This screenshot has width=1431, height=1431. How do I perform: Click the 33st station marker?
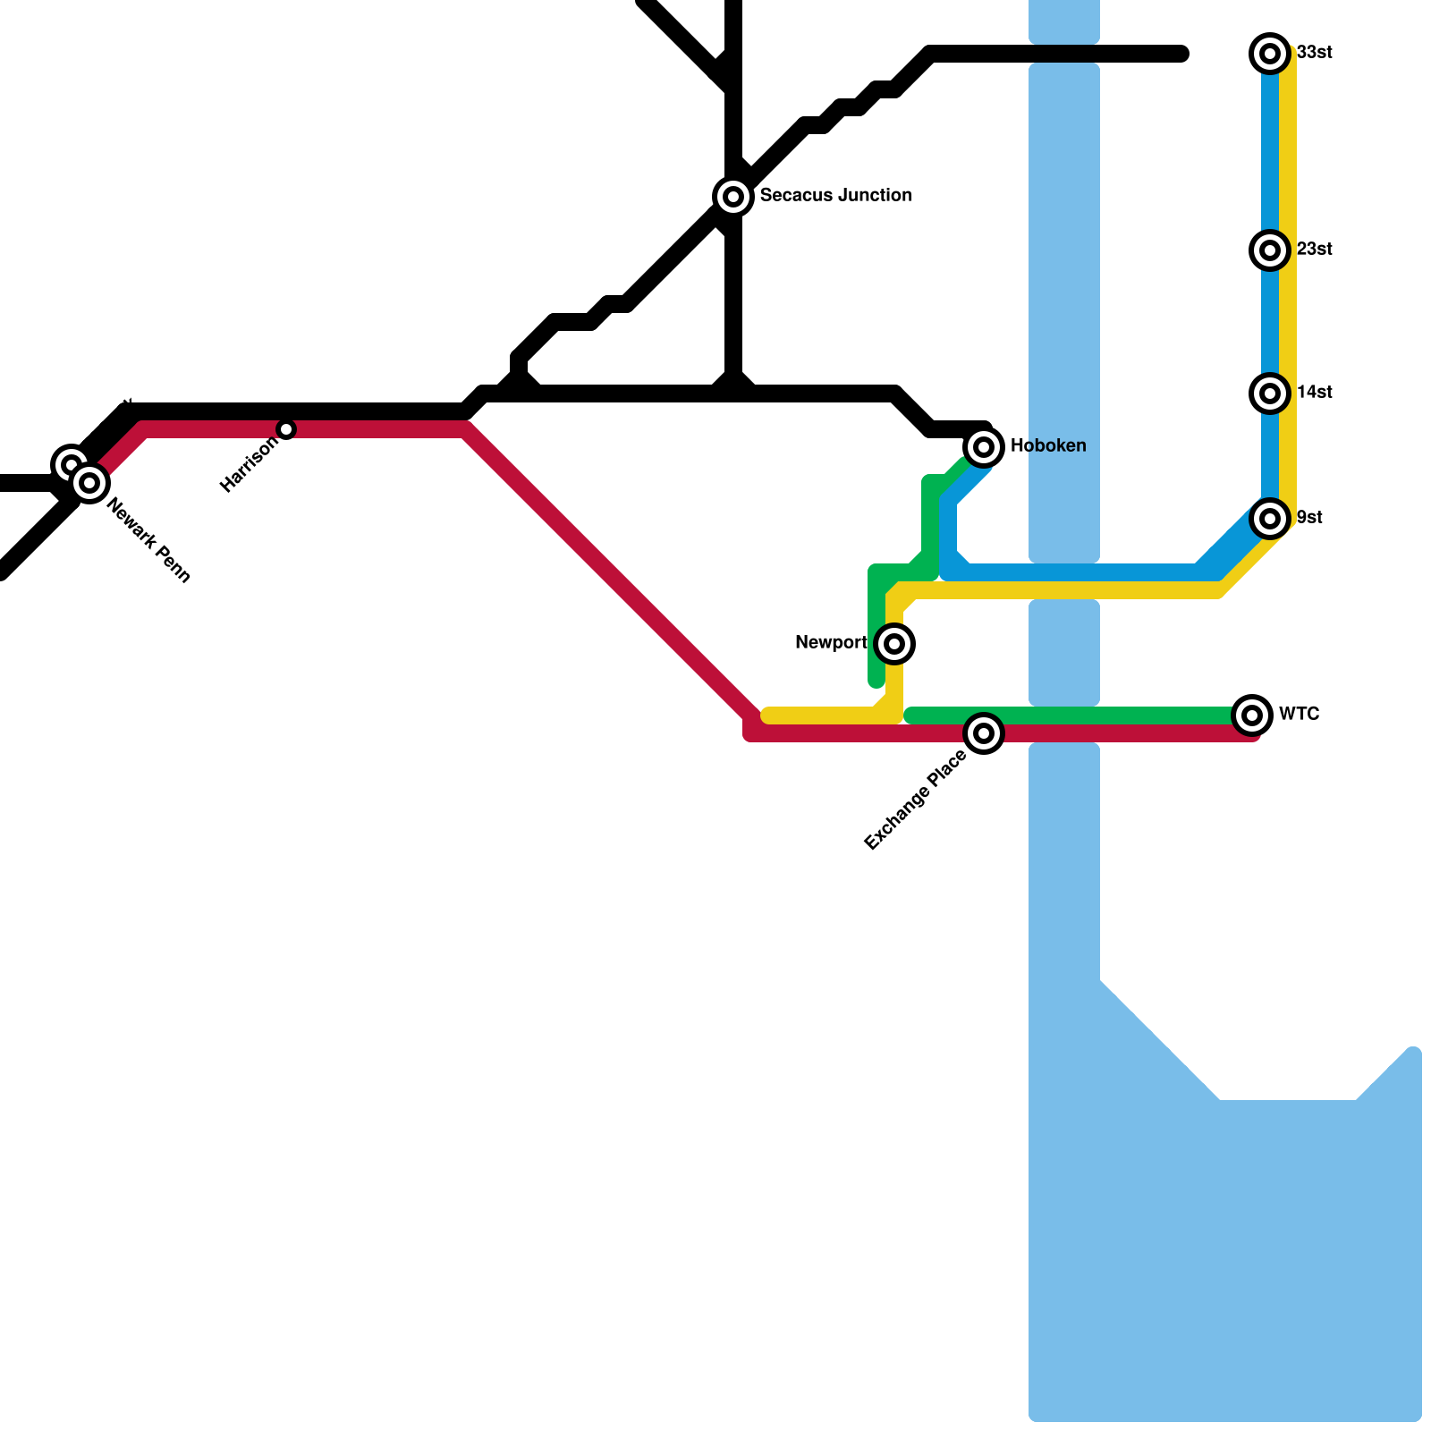(1269, 54)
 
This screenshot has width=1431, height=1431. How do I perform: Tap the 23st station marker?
(1269, 250)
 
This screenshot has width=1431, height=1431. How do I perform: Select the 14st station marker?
(1269, 394)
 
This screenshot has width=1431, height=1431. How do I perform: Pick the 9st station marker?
(1269, 519)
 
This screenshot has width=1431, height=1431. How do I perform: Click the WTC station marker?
(1251, 715)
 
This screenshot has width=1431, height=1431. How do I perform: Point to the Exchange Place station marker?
(983, 733)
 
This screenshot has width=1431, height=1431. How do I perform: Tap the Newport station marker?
(893, 644)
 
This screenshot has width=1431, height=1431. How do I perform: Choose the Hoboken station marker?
(983, 446)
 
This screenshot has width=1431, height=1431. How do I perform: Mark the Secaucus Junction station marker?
(732, 196)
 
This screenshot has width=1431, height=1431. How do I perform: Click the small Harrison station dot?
(286, 429)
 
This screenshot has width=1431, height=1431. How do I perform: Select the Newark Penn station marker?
(89, 483)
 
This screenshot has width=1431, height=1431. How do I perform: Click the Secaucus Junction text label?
(835, 195)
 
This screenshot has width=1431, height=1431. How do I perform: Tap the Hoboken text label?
(1047, 445)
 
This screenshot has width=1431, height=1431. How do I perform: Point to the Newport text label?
(831, 642)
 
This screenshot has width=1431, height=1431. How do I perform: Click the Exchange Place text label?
(915, 800)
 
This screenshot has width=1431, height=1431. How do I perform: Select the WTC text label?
(1299, 714)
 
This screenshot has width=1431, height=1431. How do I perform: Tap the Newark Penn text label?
(148, 541)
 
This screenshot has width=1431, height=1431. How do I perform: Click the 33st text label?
(1314, 53)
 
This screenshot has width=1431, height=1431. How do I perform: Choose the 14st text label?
(1314, 392)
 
